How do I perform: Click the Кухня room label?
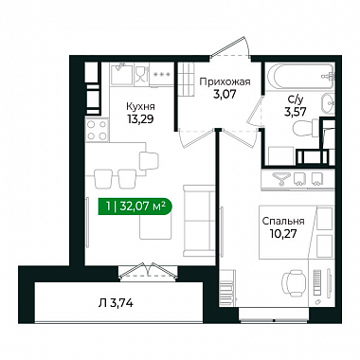tap(141, 106)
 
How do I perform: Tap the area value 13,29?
tap(141, 119)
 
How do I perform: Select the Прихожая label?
tap(225, 82)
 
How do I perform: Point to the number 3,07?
tap(225, 94)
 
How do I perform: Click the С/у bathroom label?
tap(296, 99)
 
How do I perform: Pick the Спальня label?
tap(283, 221)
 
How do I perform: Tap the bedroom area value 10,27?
tap(283, 234)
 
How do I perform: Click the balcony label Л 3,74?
tap(116, 303)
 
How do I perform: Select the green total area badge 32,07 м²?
tap(135, 207)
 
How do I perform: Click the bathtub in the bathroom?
tap(300, 77)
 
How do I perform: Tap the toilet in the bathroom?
tap(306, 129)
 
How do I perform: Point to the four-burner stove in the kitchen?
tap(97, 130)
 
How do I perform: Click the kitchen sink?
tap(122, 73)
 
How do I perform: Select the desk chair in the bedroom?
tap(294, 282)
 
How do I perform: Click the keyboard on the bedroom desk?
tap(317, 282)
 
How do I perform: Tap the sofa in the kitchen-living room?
tap(199, 221)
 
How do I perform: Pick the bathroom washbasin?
tap(329, 103)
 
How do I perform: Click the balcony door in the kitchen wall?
tap(147, 271)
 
